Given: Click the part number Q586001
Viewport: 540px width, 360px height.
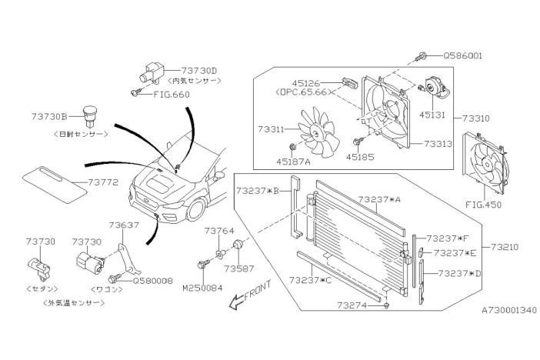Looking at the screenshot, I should pos(464,56).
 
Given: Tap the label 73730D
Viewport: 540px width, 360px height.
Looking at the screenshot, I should pos(198,70).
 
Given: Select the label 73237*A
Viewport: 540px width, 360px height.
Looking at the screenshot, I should pos(380,199).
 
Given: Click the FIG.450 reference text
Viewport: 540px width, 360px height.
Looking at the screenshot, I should pos(485,205).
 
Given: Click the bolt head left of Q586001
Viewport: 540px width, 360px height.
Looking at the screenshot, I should pos(422,56).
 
